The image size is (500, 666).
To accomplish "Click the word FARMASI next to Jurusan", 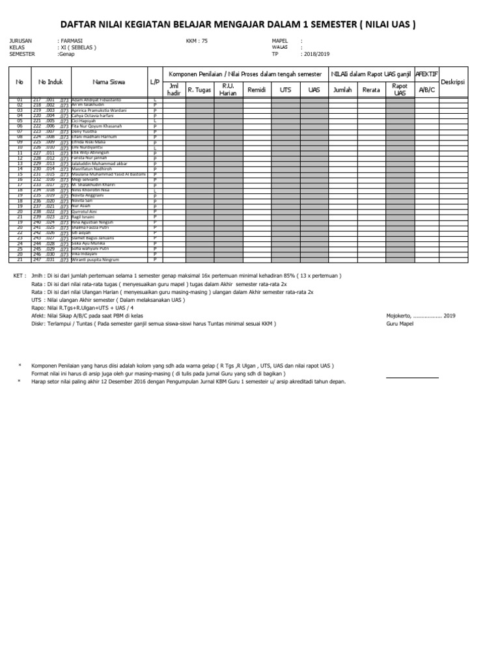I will click(71, 40).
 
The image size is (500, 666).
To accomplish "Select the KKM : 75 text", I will click(197, 40).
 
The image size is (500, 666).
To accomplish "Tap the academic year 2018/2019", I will click(316, 54).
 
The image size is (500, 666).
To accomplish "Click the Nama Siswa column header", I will click(109, 83).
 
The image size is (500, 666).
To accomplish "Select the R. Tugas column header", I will click(199, 90).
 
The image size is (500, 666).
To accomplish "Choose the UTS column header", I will click(285, 90).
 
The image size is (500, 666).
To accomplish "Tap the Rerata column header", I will click(371, 90).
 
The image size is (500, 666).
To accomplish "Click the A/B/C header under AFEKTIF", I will click(427, 90).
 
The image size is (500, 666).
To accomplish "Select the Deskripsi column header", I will click(454, 83).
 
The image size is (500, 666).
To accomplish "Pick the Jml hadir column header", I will click(174, 90).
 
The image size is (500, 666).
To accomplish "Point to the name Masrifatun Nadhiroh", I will click(94, 168).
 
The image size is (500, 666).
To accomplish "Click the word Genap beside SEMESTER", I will click(66, 54).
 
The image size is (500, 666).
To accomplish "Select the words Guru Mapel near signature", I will click(400, 323).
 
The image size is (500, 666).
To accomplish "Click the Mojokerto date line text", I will click(421, 316).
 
